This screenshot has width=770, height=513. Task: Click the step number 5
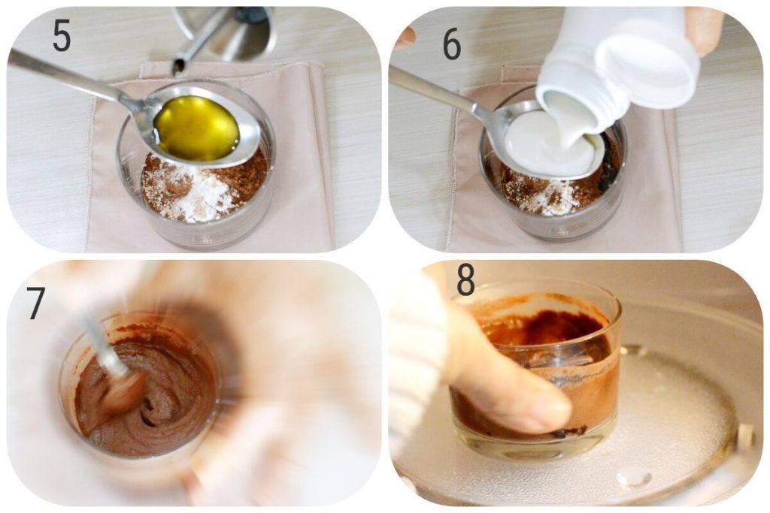[62, 36]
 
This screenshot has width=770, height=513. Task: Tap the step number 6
[451, 44]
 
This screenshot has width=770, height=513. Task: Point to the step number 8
[465, 281]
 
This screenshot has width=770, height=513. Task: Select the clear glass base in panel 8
[541, 451]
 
